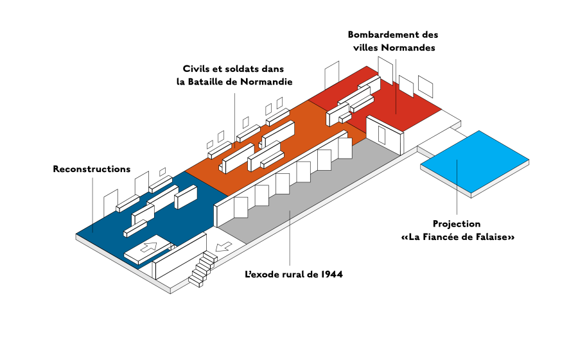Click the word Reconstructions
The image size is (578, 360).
[x=92, y=169]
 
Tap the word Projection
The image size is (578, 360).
[x=457, y=224]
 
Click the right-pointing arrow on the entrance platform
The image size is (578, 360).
[x=148, y=246]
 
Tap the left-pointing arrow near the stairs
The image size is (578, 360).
[x=223, y=246]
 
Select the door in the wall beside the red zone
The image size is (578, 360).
[x=382, y=135]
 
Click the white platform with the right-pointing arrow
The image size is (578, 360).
[x=148, y=248]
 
